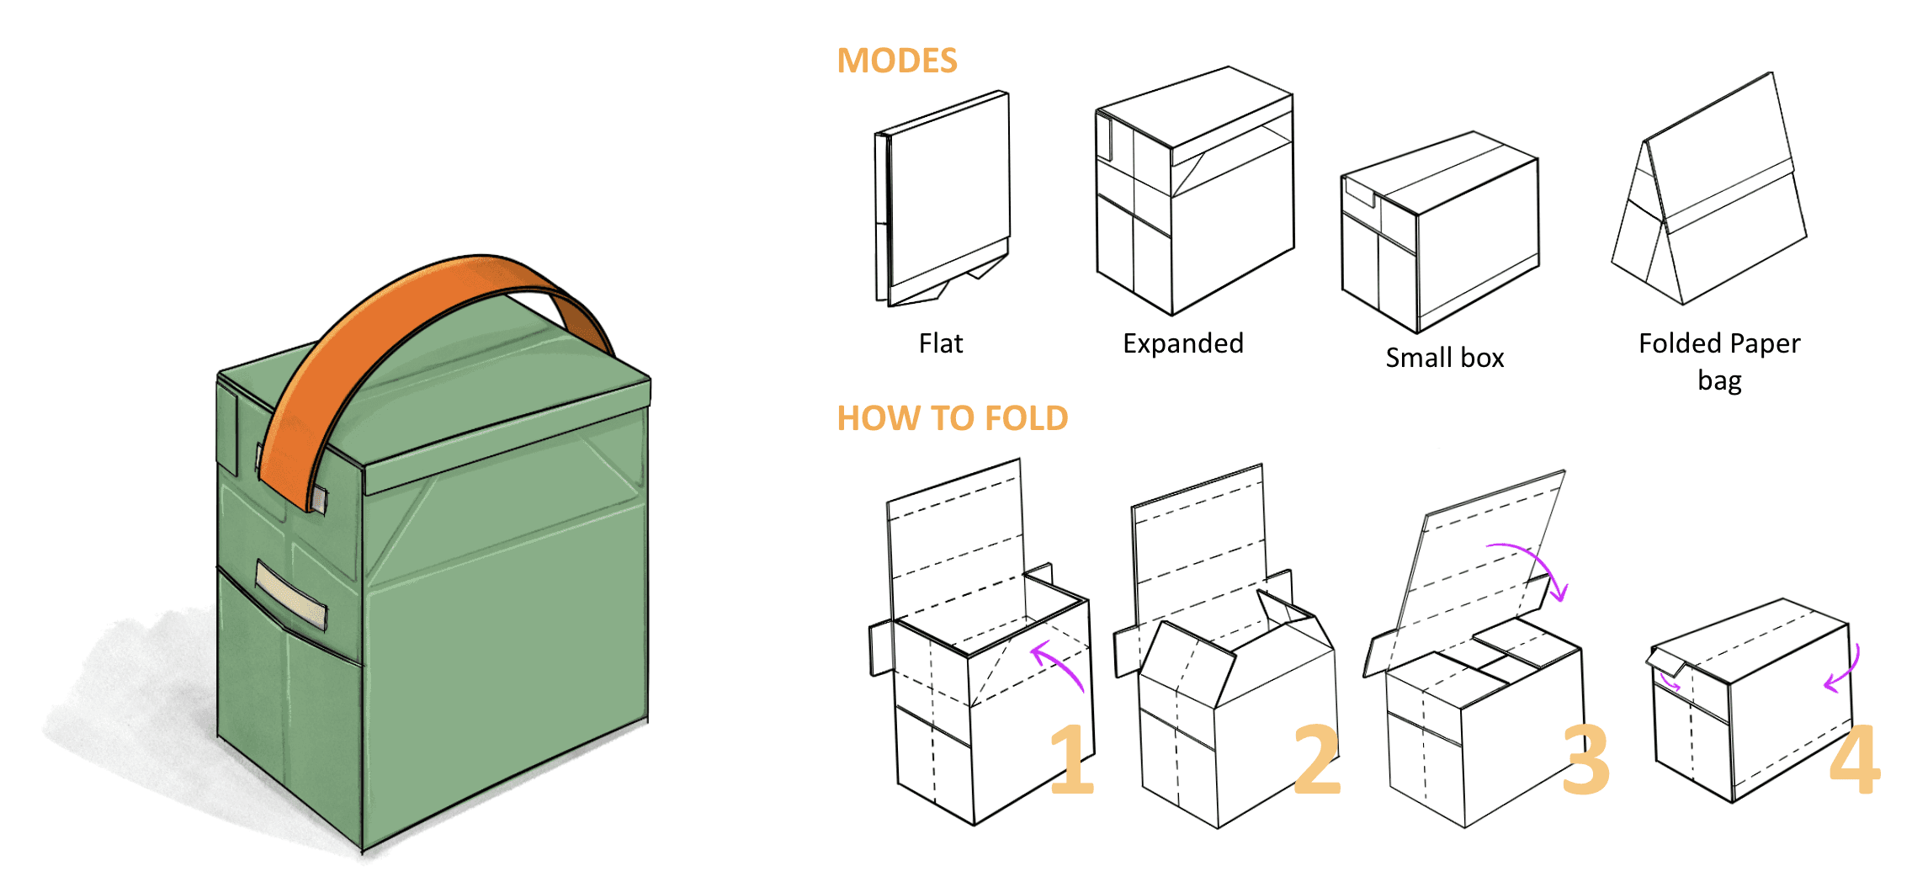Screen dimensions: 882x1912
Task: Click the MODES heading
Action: click(x=897, y=61)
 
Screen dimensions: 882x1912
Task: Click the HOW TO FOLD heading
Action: click(x=952, y=418)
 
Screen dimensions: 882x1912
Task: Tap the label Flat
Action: click(x=940, y=343)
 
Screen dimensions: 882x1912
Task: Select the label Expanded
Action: click(x=1182, y=343)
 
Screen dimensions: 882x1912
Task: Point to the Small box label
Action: click(x=1444, y=358)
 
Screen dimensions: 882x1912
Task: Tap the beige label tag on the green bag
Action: click(x=290, y=596)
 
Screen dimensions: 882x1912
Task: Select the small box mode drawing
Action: click(x=1439, y=231)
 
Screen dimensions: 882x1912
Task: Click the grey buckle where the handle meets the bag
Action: click(x=318, y=498)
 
